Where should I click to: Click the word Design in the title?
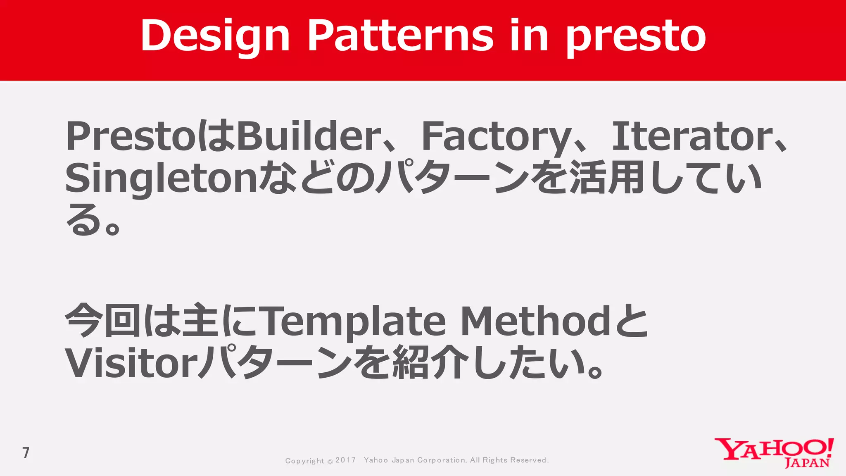215,36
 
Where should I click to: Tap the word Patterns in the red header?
400,36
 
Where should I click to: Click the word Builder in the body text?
308,136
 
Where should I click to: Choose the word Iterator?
692,136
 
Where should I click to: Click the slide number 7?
26,453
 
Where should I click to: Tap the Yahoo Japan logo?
774,453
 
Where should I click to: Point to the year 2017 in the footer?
345,460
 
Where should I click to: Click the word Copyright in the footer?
305,461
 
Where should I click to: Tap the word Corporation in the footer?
442,460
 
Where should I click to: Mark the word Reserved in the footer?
529,460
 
